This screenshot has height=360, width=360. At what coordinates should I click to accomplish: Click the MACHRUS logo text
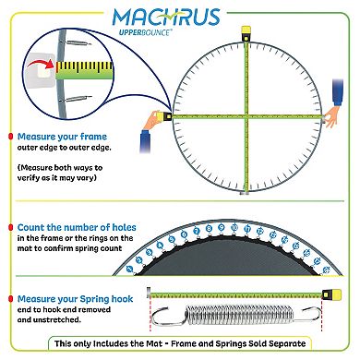point(180,19)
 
